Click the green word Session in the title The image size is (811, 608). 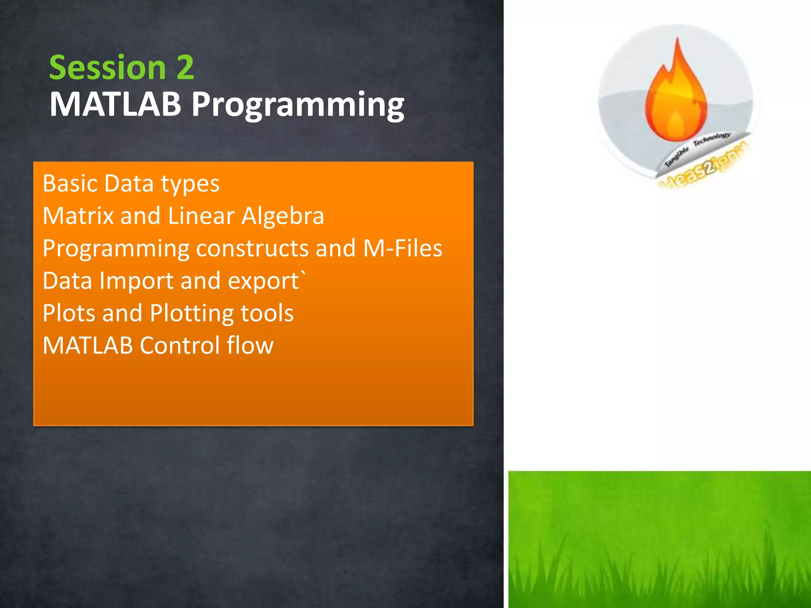pos(107,67)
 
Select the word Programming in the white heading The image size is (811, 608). pos(298,105)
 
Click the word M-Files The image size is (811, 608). pos(402,248)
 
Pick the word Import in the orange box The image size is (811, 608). pos(136,281)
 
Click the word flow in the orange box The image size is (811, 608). pos(250,345)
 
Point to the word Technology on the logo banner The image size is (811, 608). pos(712,139)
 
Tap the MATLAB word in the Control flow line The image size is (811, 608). pos(88,345)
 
